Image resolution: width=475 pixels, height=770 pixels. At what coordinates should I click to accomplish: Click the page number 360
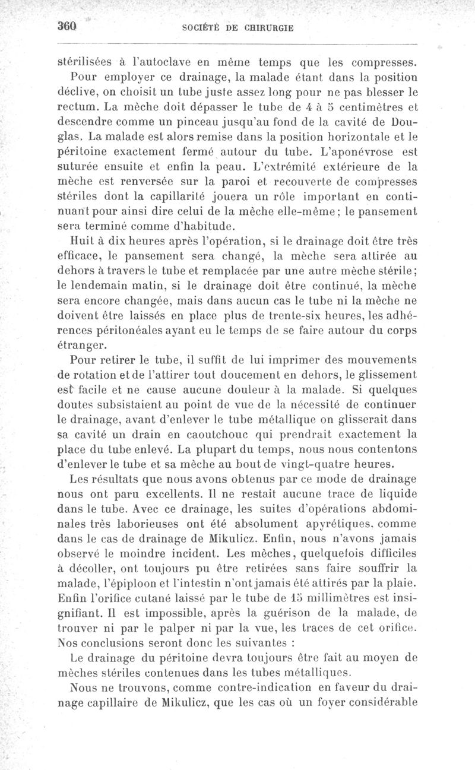pos(68,27)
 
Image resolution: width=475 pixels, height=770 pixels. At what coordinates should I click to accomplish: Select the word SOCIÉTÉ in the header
pos(205,28)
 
